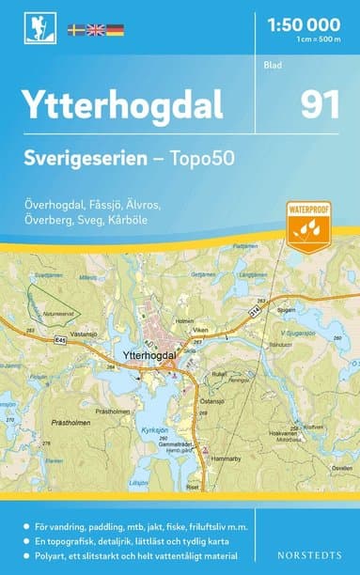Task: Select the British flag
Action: coord(96,30)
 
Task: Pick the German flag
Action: coord(115,30)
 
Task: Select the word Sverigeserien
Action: coord(93,160)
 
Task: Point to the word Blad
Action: coord(273,66)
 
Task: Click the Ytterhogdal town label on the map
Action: coord(149,355)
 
